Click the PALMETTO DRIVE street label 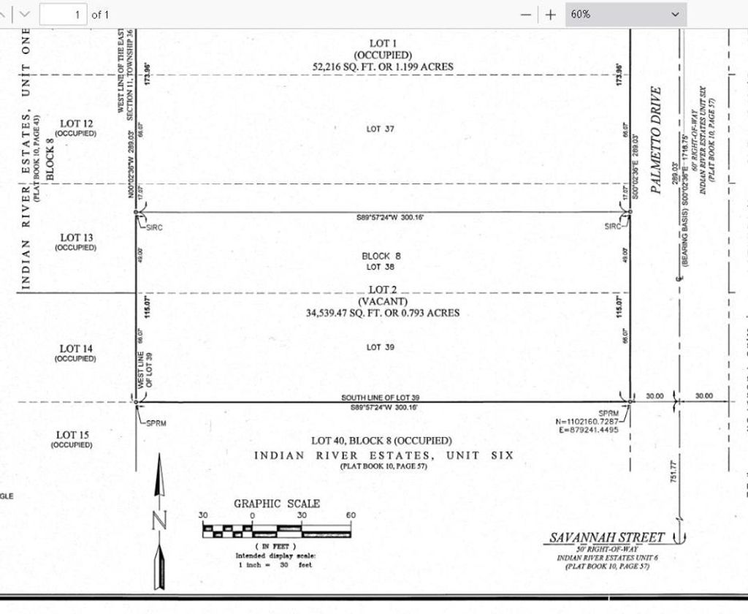click(x=656, y=140)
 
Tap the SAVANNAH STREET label click(x=607, y=538)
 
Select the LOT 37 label click(x=381, y=129)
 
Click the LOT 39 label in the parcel click(x=381, y=347)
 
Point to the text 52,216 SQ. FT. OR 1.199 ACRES click(x=383, y=67)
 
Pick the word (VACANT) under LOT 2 click(x=383, y=301)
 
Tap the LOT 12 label click(x=77, y=124)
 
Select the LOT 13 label click(x=77, y=238)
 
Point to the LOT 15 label click(x=73, y=435)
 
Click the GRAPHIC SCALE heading click(x=277, y=504)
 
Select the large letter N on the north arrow click(x=161, y=520)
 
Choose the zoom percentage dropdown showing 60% click(x=625, y=14)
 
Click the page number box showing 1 click(x=63, y=14)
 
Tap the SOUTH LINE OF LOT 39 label click(x=380, y=398)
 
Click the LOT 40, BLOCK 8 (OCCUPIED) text click(x=381, y=441)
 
